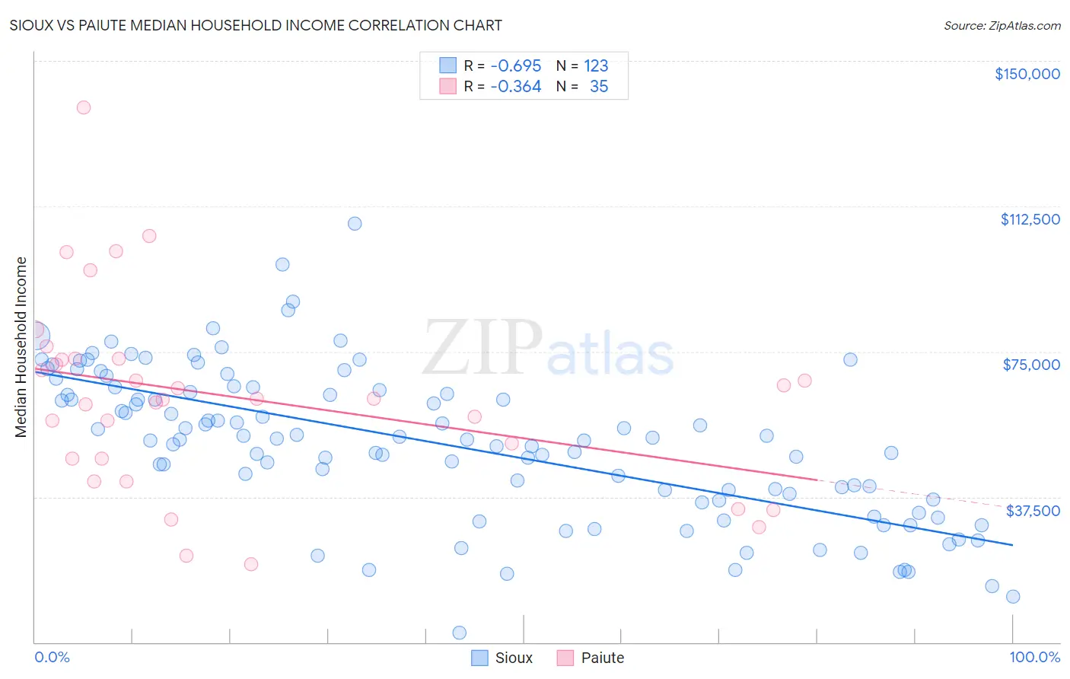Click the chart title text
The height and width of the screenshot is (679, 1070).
[256, 25]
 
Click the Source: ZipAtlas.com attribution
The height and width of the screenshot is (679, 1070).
[1002, 25]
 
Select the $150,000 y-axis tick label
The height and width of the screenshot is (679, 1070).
[1027, 74]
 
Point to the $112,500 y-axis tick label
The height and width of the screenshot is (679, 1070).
[1030, 219]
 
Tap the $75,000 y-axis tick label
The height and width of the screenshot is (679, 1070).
[1031, 365]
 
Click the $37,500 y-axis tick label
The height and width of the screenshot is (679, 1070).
[1032, 511]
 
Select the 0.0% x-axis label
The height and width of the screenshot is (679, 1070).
[52, 657]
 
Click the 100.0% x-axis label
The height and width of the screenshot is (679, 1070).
[1034, 657]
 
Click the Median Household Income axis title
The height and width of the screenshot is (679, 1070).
[21, 347]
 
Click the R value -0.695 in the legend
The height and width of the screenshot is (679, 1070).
[515, 65]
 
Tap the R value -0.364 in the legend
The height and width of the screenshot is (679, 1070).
[515, 86]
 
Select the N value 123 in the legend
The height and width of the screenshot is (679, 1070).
[596, 65]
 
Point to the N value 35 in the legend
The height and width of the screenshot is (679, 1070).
[599, 86]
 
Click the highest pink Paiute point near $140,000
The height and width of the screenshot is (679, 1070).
[84, 107]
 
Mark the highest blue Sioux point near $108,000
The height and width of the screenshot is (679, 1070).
[355, 224]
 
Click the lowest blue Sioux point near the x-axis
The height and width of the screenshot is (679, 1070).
[459, 633]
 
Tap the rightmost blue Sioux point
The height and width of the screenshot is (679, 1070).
[1013, 597]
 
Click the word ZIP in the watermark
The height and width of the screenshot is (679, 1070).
[482, 349]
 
